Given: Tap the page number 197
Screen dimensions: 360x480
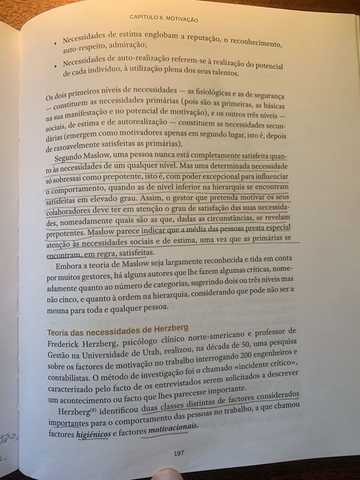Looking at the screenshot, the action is click(179, 453).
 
